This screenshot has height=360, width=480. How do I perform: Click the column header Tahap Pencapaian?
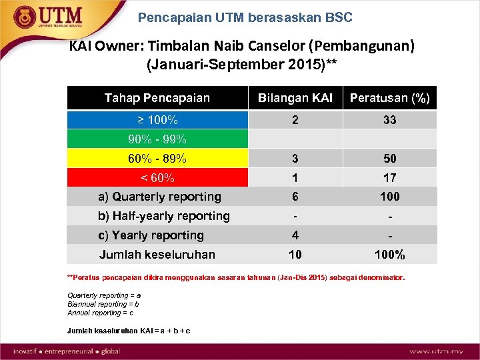coord(157,98)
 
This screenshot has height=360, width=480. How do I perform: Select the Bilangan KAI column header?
coord(295,98)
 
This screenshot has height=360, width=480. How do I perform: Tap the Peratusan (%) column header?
coord(390,98)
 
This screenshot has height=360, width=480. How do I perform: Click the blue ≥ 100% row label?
coord(157,120)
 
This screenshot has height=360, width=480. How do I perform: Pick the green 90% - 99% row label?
coord(157,139)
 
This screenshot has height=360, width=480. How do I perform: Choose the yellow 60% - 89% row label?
coord(157,159)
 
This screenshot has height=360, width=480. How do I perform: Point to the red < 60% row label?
coord(157,178)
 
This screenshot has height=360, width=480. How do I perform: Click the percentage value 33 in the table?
coord(390,120)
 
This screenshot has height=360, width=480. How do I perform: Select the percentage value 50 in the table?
coord(390,159)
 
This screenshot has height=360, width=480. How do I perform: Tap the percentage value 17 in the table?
coord(390,178)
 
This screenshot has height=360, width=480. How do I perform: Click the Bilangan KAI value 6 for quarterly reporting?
coord(295,197)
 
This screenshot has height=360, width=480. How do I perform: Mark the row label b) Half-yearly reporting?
coord(164,216)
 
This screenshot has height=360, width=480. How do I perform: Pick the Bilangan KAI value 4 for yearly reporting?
coord(295,235)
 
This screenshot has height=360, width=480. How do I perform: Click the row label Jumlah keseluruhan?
coord(157,254)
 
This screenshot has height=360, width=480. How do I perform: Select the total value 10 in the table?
coord(295,255)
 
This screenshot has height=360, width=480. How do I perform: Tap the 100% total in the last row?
coord(390,255)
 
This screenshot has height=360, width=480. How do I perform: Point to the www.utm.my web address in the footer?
coord(437,351)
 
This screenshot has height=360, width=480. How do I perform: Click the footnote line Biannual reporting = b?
coord(103,304)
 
